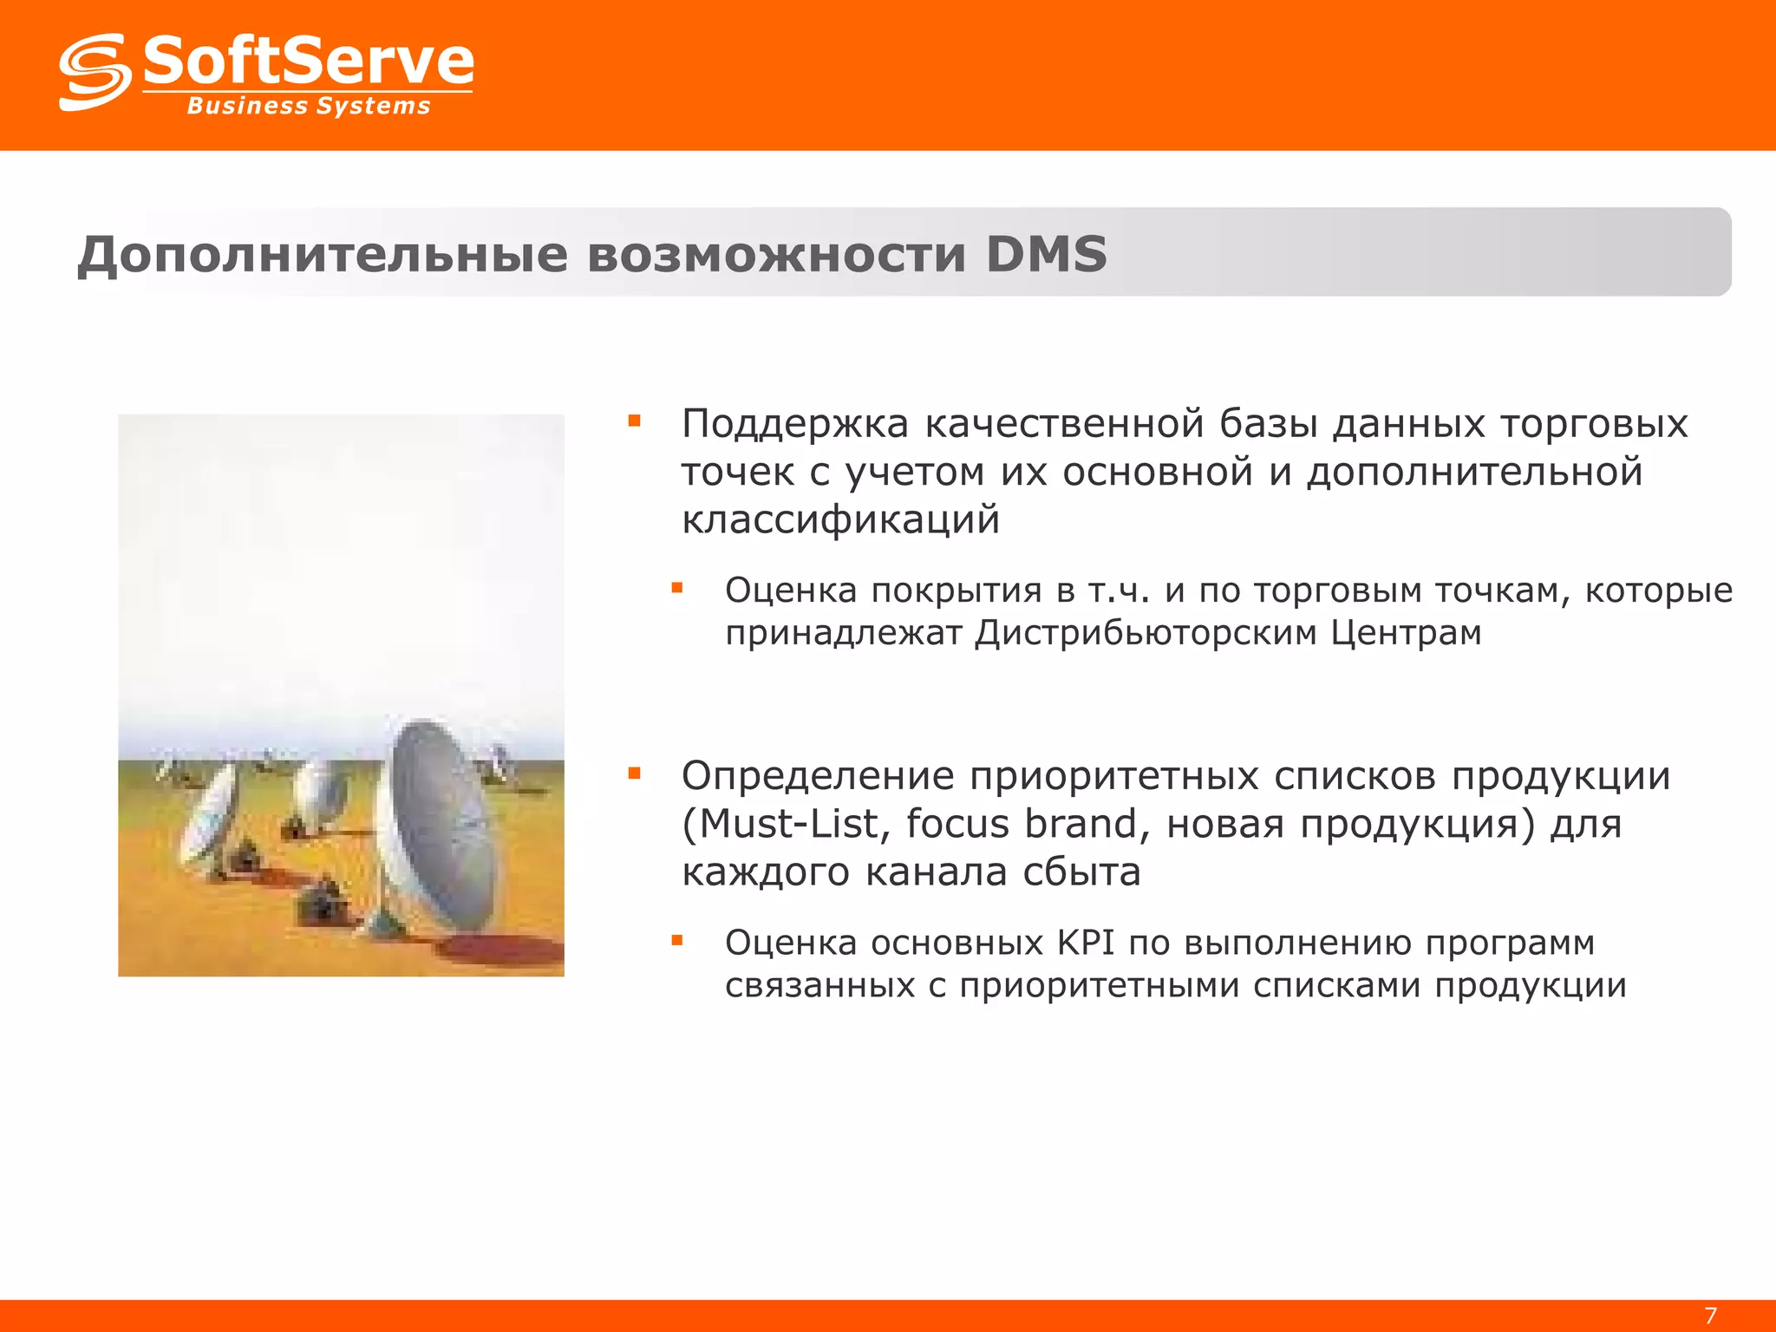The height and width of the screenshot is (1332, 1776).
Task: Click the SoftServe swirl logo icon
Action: point(95,73)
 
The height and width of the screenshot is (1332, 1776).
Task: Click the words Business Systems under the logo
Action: point(309,106)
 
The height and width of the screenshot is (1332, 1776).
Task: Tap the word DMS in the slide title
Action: point(1047,254)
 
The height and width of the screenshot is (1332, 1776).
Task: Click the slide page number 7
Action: point(1711,1315)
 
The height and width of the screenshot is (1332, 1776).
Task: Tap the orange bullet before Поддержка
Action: point(635,422)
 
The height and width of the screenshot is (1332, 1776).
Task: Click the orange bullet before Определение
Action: point(635,774)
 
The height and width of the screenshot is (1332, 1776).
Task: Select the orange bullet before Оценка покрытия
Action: point(677,589)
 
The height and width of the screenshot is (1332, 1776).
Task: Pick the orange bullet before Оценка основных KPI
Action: point(677,940)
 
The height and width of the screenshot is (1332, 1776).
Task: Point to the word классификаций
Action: point(840,519)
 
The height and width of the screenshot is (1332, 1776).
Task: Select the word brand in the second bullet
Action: point(1087,824)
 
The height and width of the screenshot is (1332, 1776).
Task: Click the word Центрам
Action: point(1406,633)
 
